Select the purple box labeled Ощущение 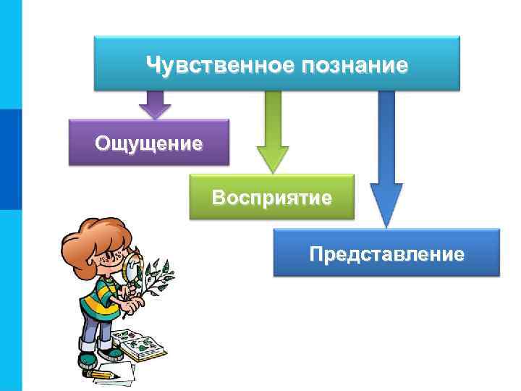(x=148, y=143)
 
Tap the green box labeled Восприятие (x=271, y=197)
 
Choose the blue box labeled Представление (x=386, y=253)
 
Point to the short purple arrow (x=154, y=104)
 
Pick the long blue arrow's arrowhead (x=386, y=206)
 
